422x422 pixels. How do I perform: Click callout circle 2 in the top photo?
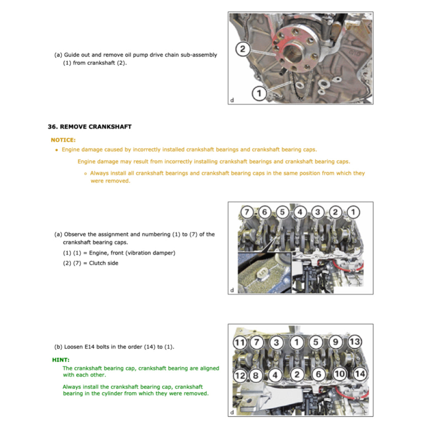coord(243,49)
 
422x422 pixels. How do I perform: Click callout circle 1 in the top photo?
coord(259,94)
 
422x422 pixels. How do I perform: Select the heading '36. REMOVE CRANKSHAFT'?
coord(89,127)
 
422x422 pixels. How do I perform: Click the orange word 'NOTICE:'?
coord(63,140)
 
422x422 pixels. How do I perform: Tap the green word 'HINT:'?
coord(61,360)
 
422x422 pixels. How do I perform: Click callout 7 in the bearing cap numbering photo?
coord(246,212)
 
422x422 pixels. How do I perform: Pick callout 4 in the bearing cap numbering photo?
coord(300,212)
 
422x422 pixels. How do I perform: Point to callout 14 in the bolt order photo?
coord(360,374)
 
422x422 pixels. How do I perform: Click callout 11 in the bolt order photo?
coord(239,342)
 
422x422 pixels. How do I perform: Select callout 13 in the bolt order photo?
coord(354,342)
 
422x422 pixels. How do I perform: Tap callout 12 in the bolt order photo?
coord(239,375)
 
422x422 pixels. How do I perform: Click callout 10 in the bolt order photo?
coord(340,374)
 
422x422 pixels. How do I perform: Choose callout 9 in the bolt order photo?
coord(335,342)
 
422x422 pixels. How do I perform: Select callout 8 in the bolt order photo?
coord(256,375)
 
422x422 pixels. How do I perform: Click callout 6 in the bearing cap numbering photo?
coord(264,212)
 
